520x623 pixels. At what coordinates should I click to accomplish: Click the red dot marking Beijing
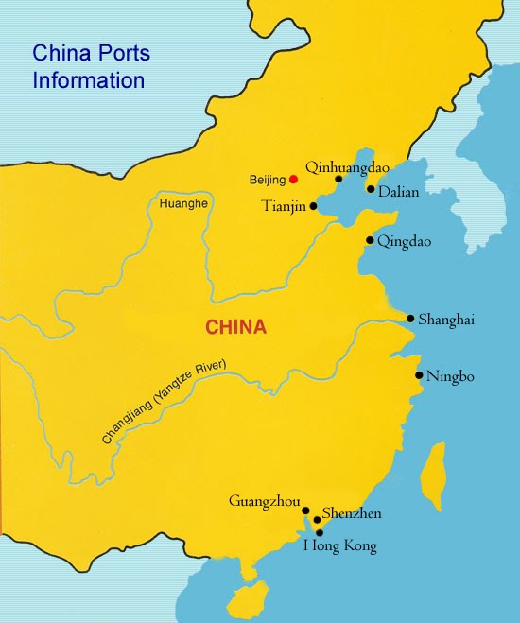pos(293,179)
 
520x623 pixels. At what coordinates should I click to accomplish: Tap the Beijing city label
pos(268,180)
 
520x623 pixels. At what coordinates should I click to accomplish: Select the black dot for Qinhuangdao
pos(338,178)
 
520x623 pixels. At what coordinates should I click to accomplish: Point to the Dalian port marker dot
pos(371,188)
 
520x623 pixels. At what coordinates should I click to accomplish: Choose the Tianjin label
pos(284,206)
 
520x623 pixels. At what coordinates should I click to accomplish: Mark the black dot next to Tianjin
pos(313,204)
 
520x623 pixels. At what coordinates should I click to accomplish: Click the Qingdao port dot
pos(370,240)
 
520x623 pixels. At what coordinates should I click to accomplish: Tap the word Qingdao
pos(404,242)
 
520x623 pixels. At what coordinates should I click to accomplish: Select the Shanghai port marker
pos(410,319)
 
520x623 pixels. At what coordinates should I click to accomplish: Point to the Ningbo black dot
pos(419,375)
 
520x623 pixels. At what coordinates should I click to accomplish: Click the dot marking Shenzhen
pos(317,520)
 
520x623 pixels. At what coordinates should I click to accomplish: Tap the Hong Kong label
pos(339,546)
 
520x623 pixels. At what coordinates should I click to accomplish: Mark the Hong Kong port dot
pos(320,532)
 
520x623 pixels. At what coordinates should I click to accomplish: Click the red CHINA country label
pos(236,328)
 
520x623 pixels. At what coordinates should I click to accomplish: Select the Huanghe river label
pos(184,203)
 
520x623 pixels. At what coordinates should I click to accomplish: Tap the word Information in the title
pos(89,79)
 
